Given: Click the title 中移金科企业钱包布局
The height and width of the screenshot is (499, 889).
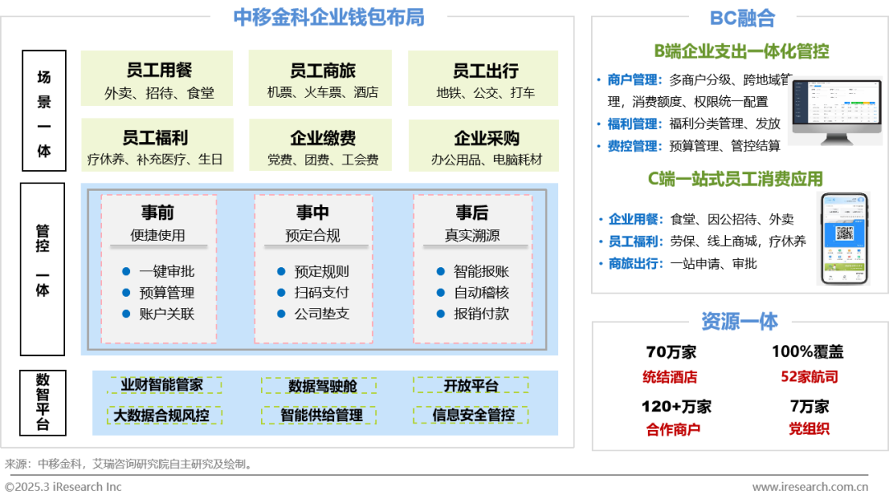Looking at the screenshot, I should point(328,17).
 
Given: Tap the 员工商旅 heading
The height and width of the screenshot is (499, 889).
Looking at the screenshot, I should point(323,71).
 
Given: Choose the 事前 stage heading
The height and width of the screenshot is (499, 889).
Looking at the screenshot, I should point(157,213).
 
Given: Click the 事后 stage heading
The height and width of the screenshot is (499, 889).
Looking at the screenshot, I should point(472,213).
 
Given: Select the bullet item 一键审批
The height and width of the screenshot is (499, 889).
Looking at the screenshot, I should point(166,271).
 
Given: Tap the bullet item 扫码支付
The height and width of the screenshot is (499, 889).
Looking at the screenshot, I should point(322,293).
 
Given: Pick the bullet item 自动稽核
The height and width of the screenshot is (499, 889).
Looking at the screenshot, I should point(482,293).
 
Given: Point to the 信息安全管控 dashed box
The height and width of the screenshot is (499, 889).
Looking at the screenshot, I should point(473,415).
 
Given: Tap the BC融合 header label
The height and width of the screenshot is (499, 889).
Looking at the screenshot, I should point(742,18).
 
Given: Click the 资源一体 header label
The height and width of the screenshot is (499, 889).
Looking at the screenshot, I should point(739,321).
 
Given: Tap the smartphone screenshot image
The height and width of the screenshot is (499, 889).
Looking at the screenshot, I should point(842,237).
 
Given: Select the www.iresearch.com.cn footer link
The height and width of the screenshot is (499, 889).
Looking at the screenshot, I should point(810,487).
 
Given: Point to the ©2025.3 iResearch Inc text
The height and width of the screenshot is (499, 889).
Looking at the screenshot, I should point(63,487).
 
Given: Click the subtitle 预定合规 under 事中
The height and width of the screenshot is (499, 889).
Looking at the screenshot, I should point(313,236).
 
